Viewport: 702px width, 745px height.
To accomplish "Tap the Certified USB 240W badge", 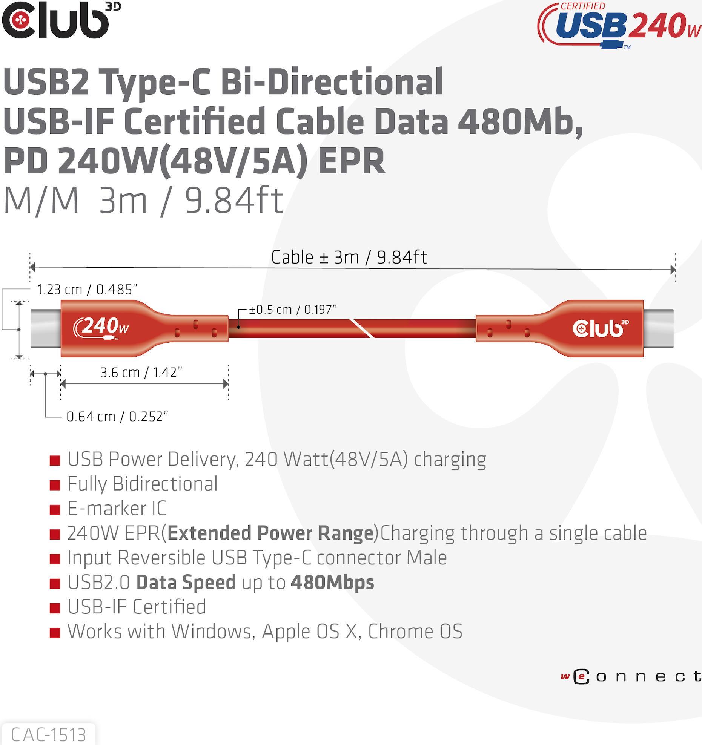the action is point(619,26).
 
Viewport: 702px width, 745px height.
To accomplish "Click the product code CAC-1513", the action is point(49,734).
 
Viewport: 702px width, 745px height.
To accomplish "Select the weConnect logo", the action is point(631,677).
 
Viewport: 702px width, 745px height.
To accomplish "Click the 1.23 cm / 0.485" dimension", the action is point(87,289).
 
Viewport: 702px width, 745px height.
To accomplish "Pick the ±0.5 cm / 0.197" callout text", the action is point(293,309).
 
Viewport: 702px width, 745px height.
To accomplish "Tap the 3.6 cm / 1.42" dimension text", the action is point(141,372).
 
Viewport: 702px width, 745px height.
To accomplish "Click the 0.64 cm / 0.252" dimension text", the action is point(117,416).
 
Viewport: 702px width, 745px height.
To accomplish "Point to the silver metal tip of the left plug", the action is point(46,328).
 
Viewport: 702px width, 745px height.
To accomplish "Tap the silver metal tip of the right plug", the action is point(658,328).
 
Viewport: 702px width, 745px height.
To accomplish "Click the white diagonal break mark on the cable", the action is point(362,328).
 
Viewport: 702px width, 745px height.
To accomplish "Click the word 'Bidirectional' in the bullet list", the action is point(165,483).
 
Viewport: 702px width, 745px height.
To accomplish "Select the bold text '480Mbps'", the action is point(332,582).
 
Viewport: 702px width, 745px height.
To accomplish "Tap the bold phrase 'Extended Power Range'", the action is point(270,533).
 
